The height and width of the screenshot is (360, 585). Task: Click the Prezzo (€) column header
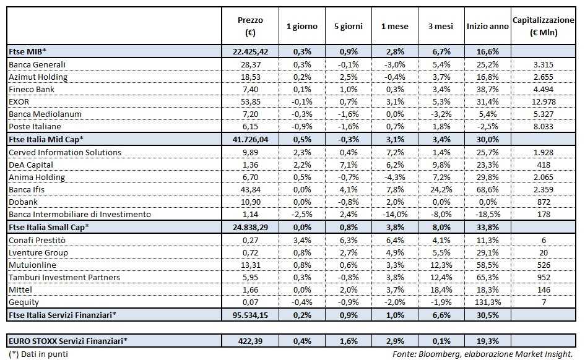click(x=250, y=26)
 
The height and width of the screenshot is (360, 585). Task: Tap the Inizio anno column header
click(x=487, y=27)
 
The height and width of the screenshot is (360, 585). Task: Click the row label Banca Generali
click(x=37, y=64)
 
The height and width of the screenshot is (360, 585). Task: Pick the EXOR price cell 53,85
click(x=250, y=102)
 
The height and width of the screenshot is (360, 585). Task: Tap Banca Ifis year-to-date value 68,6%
click(x=487, y=189)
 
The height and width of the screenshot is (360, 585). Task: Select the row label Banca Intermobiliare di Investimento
click(x=80, y=215)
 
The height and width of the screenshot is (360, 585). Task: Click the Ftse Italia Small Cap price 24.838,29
click(x=250, y=227)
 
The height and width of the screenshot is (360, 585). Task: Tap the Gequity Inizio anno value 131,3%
click(x=487, y=302)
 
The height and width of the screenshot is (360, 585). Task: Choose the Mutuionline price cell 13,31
click(x=250, y=265)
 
